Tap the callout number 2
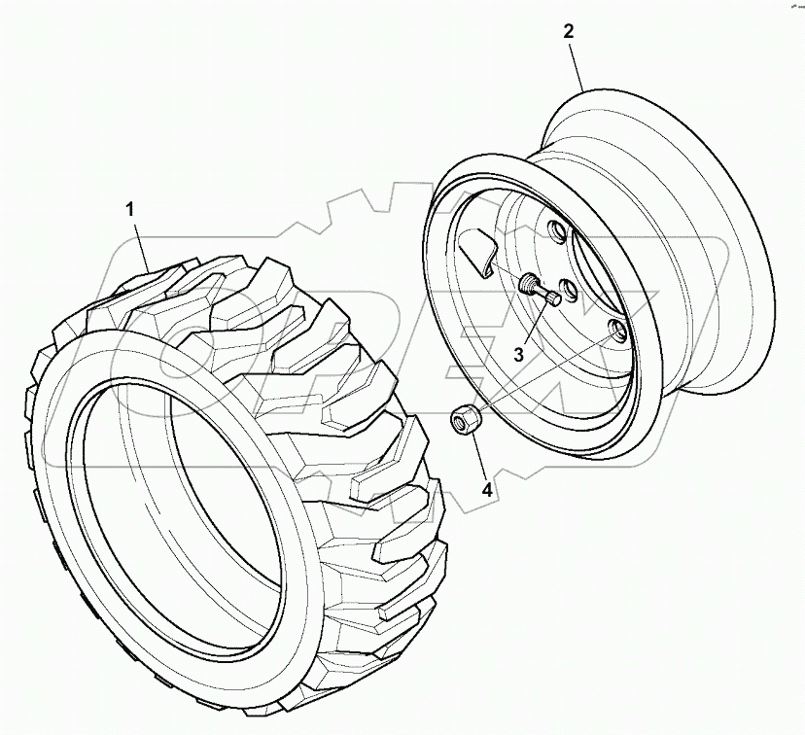(x=569, y=31)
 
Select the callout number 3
(x=520, y=355)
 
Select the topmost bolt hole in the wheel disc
(x=557, y=232)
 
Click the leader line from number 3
(x=535, y=321)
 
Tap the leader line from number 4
(x=476, y=457)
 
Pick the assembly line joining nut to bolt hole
(x=544, y=375)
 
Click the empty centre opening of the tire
(x=175, y=496)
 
